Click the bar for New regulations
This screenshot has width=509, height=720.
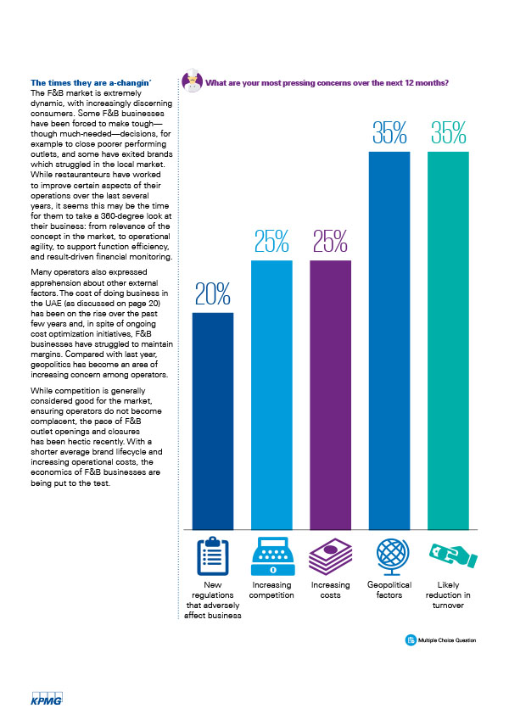pos(213,421)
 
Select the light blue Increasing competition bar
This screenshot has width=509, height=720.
pos(271,395)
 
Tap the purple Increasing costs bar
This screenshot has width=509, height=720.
pos(330,395)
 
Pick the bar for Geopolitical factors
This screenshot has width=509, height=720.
pos(389,341)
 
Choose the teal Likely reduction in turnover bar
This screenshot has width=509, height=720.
pos(448,341)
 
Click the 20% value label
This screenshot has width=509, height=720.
pos(213,294)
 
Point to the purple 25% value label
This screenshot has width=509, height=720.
pos(330,242)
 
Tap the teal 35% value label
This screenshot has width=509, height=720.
pos(449,132)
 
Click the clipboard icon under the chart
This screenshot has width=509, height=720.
pos(213,556)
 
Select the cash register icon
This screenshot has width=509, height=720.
pos(273,556)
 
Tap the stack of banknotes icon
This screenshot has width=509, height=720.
pos(330,556)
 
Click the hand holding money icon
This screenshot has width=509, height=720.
pos(453,555)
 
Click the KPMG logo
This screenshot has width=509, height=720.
pos(47,699)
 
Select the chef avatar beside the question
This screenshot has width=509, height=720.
pos(192,81)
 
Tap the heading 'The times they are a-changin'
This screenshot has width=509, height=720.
pos(91,83)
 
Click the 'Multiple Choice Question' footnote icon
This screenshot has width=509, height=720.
pos(411,640)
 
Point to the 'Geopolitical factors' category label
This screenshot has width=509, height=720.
pos(389,590)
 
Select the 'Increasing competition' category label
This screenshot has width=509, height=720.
pos(271,590)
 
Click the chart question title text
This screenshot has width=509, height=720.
pos(327,83)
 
